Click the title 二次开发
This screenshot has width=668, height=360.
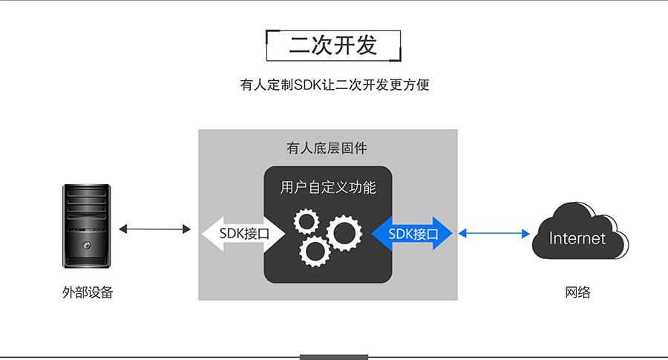point(333,45)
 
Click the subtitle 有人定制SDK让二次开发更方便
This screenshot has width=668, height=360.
point(333,85)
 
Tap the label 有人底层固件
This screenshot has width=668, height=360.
point(327,148)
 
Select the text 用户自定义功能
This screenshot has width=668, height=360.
point(328,187)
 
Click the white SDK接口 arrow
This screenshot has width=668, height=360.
point(242,234)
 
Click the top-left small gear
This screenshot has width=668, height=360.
point(306,222)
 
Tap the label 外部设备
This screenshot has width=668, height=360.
point(88,292)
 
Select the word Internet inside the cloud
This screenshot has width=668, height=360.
point(577,238)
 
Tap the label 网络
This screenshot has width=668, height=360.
point(577,292)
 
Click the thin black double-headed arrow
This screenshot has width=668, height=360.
point(154,229)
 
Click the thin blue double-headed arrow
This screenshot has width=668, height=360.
point(493,234)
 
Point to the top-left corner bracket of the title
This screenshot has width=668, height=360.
point(269,33)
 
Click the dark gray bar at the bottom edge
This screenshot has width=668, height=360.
point(333,357)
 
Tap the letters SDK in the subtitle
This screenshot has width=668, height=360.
point(306,85)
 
